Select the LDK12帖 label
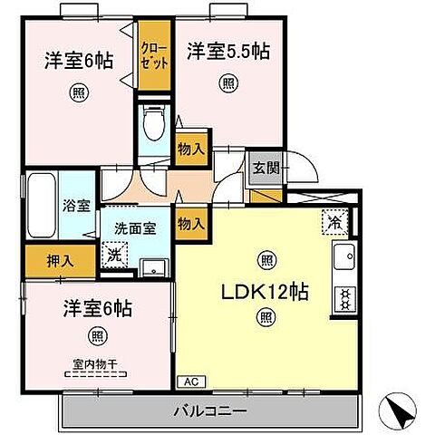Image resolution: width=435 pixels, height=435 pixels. (266, 293)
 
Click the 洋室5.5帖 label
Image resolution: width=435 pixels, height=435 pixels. (229, 51)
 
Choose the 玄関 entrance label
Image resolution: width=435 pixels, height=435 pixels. (265, 167)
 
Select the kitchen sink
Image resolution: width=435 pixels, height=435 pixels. (344, 260)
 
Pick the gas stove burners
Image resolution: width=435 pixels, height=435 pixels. (344, 298)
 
